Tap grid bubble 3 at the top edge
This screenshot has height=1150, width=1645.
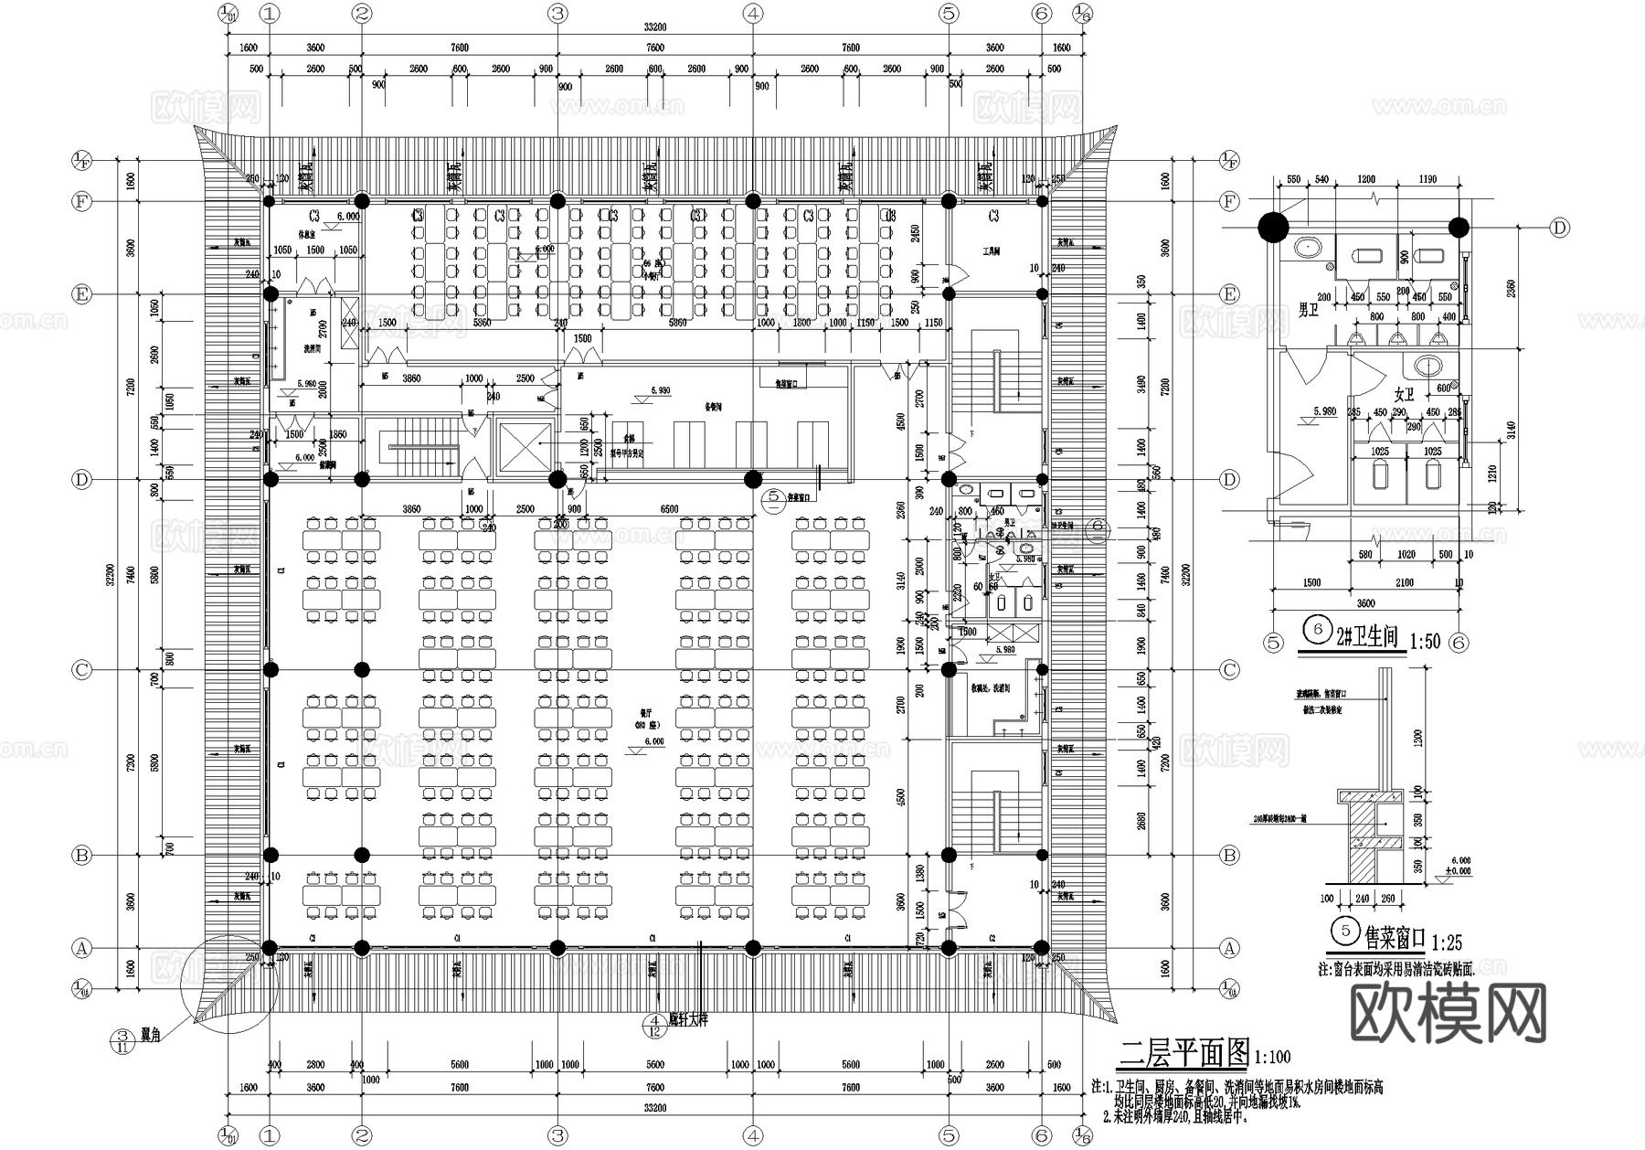pos(557,13)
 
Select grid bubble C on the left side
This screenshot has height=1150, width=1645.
pos(82,670)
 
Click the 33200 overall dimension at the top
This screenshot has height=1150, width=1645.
pos(654,27)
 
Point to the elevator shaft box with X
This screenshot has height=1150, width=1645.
pos(524,447)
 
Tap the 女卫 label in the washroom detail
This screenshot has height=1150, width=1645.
pos(1404,395)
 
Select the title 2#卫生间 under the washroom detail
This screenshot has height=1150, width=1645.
pos(1367,637)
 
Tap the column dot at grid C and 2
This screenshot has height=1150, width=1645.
pos(362,670)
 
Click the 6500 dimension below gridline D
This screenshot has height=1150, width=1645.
pos(670,509)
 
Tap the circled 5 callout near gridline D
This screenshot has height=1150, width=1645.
pos(773,497)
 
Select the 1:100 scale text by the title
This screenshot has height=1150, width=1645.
pos(1273,1058)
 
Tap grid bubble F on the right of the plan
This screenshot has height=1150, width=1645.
pos(1229,200)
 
